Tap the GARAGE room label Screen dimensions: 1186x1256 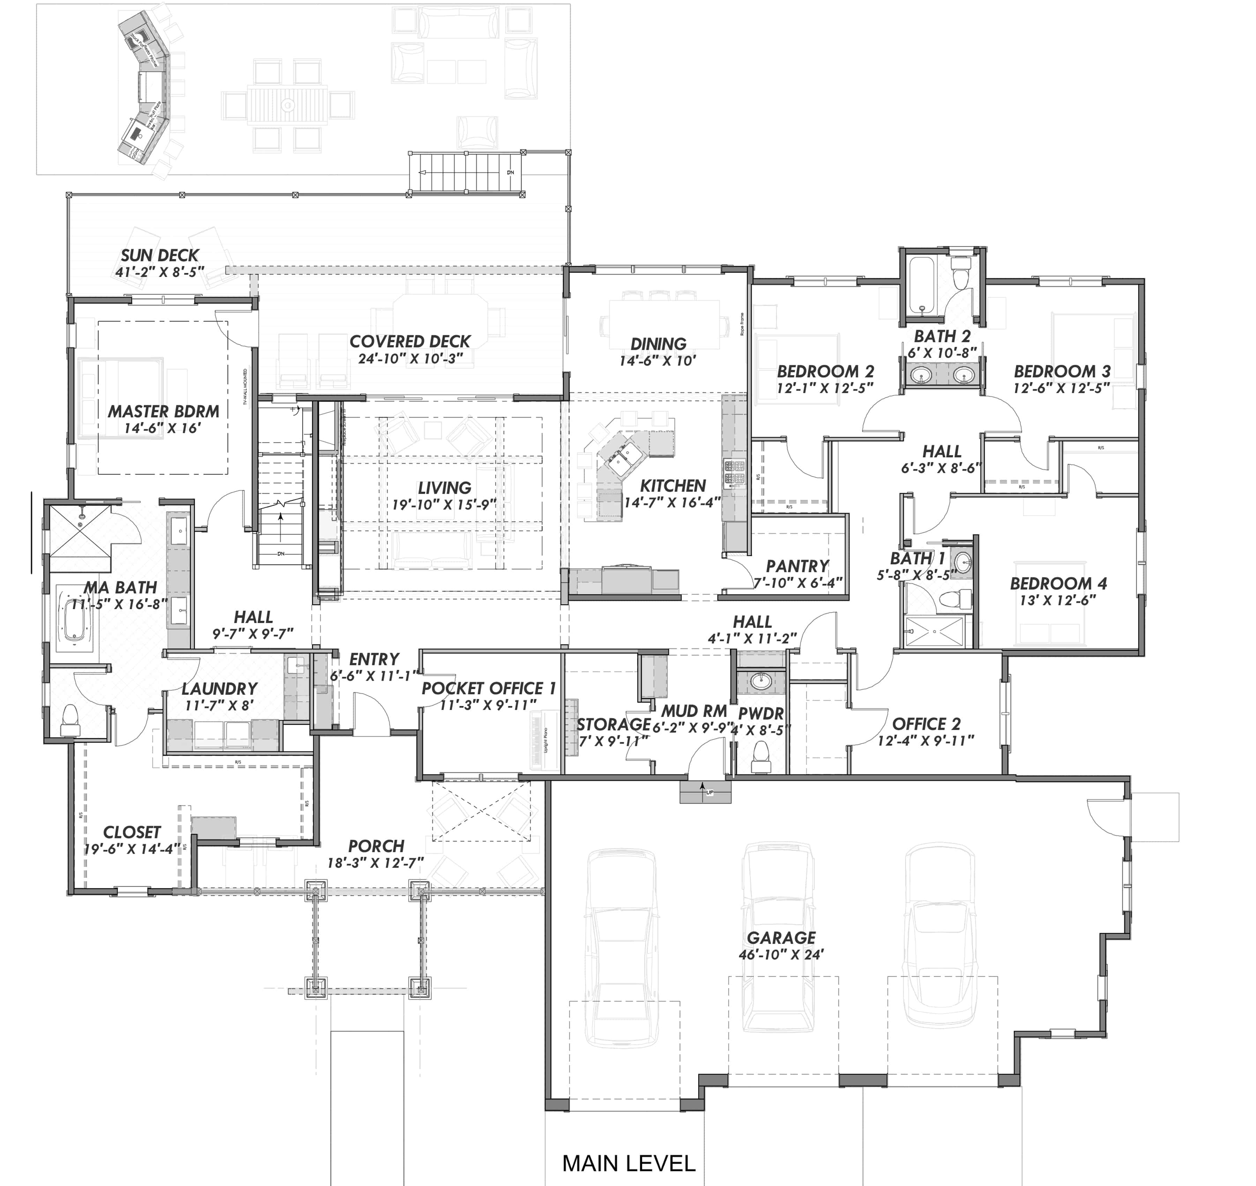point(781,938)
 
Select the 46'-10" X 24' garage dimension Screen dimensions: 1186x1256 point(781,955)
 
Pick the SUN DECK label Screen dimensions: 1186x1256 point(159,255)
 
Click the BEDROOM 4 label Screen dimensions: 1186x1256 point(1058,583)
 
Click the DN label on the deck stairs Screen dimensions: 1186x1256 point(510,172)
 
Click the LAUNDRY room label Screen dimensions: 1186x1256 point(219,688)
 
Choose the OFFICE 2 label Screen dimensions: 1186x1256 point(926,724)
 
